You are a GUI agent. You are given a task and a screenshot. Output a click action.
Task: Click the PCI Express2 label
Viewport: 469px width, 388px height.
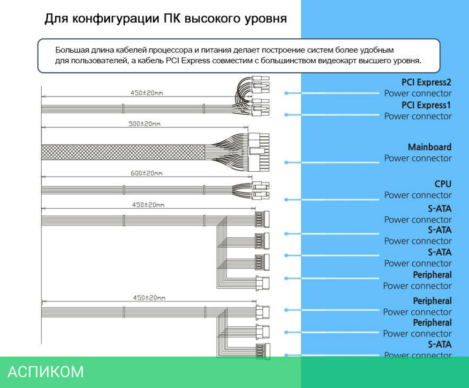pos(426,82)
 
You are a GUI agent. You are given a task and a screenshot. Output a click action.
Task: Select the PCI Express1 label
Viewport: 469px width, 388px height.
pos(426,105)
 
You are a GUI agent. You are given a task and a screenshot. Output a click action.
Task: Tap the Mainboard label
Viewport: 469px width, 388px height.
pos(430,147)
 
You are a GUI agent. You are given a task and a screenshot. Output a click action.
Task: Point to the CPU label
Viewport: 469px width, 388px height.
pos(443,184)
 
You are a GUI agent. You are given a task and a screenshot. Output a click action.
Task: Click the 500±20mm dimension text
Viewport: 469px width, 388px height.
pos(144,124)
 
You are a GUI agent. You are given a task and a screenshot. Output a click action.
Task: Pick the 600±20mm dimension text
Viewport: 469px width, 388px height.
pos(146,173)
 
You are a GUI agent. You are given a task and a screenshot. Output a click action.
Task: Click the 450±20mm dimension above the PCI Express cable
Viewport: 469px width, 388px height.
pos(146,93)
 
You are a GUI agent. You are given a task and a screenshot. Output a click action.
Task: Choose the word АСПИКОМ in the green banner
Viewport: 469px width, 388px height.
pos(46,372)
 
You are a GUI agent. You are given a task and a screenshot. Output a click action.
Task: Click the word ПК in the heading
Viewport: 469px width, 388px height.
pos(173,19)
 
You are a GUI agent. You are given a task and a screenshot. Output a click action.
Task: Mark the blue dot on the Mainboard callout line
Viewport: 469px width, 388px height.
pos(286,162)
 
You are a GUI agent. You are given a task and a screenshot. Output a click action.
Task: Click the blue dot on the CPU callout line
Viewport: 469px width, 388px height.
pos(286,199)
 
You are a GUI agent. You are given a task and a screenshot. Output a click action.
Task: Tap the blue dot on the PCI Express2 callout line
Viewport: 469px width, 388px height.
pos(286,93)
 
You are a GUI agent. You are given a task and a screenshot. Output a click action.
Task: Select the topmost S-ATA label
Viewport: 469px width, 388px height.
pos(439,208)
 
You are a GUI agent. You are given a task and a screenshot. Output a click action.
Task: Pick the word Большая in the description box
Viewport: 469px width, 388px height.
pos(71,50)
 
